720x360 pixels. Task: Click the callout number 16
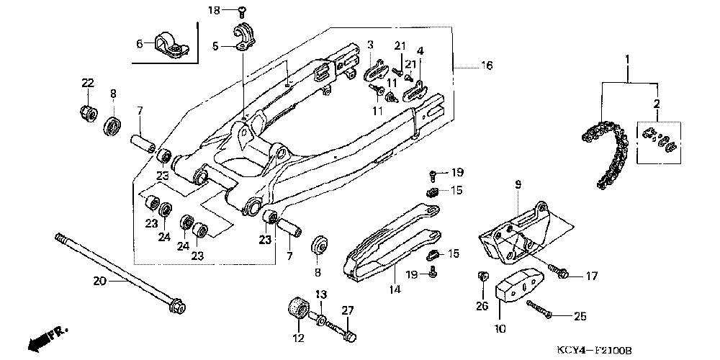(x=487, y=66)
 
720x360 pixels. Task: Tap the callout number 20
(x=100, y=281)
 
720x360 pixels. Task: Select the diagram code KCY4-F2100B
(x=594, y=351)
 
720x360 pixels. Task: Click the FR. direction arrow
(x=48, y=339)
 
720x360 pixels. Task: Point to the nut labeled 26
(x=482, y=277)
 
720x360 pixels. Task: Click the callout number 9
(x=518, y=185)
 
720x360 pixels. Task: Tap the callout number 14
(x=395, y=289)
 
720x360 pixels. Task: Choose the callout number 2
(x=657, y=104)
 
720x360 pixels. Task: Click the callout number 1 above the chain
(x=627, y=60)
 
